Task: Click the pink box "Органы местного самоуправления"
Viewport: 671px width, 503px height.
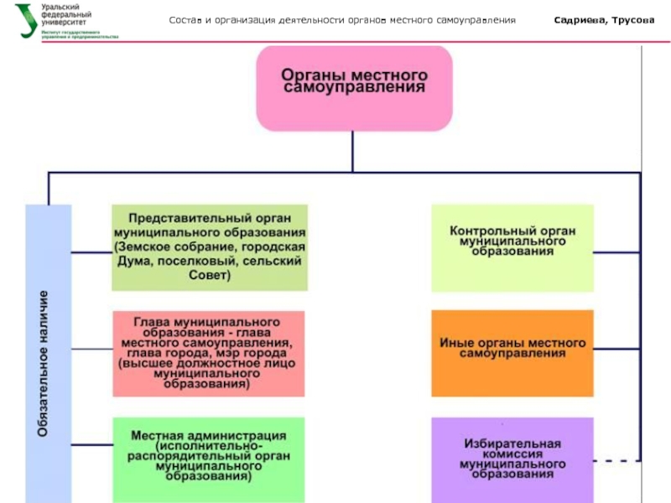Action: pos(354,88)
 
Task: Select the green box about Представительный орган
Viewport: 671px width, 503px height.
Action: pos(210,247)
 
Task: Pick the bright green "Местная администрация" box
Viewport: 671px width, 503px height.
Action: pos(208,457)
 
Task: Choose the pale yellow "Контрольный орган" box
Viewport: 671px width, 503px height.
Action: pos(512,247)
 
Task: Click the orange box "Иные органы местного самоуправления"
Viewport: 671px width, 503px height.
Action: pos(512,350)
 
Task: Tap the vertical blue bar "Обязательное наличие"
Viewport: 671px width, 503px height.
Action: pos(49,352)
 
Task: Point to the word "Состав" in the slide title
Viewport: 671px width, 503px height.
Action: pos(185,19)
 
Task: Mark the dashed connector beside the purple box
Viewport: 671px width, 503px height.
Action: pos(616,460)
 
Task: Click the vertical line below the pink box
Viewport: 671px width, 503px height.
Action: pos(353,151)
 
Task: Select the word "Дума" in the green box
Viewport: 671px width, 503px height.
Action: pos(130,262)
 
